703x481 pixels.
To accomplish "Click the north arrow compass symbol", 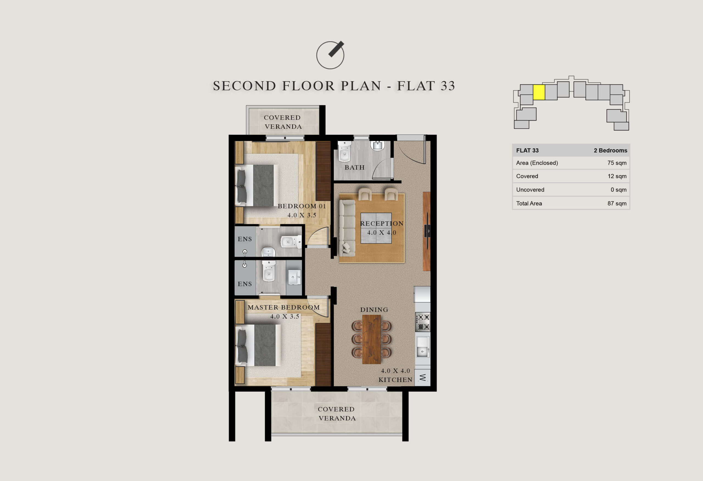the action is tap(330, 55).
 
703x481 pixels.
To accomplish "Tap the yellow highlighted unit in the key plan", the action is tap(539, 92).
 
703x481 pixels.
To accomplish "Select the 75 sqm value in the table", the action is tap(617, 163).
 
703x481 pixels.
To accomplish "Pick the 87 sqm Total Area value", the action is tap(617, 203).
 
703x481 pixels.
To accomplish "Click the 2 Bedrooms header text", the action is tap(610, 150).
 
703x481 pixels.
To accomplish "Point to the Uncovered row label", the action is tap(530, 190).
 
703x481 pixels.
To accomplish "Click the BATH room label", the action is tap(355, 167).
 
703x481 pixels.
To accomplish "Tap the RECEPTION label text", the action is tap(382, 223).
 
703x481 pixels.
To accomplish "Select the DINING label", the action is tap(374, 310).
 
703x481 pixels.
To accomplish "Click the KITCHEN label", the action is tap(395, 380).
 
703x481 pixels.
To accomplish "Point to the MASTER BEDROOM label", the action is tap(284, 307).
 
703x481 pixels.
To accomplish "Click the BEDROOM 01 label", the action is tap(302, 206).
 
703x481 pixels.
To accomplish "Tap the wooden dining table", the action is tap(372, 339).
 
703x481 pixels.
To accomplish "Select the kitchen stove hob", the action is tap(423, 322).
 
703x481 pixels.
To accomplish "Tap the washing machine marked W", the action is tap(422, 377).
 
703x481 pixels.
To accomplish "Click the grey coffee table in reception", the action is tap(376, 228).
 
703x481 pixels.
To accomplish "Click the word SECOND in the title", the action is tap(244, 86).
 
